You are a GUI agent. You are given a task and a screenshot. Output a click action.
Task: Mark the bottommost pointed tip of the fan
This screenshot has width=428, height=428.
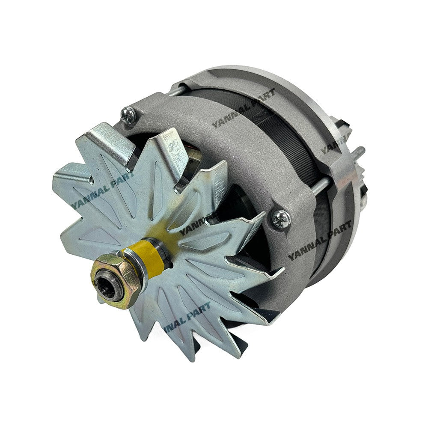click(x=190, y=359)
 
